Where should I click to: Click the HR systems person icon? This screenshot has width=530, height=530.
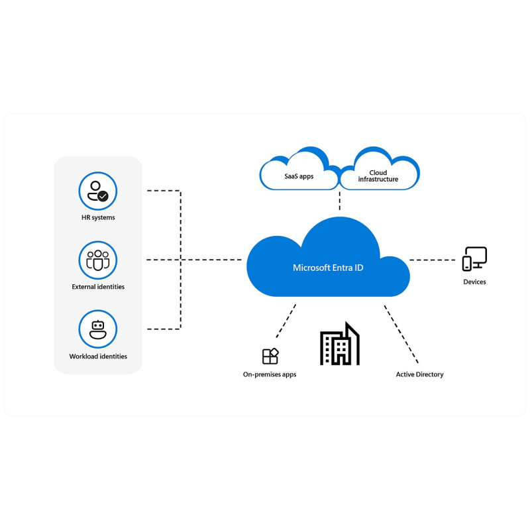[x=97, y=191]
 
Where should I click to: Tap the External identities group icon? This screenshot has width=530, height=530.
[x=97, y=260]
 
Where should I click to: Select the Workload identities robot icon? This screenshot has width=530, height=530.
[x=97, y=329]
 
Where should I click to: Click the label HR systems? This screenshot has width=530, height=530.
[x=98, y=218]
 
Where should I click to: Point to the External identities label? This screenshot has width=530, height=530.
[x=98, y=287]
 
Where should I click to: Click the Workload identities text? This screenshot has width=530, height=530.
[x=98, y=356]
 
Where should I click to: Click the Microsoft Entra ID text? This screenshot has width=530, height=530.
[x=328, y=268]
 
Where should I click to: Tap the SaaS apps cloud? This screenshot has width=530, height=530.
[x=299, y=171]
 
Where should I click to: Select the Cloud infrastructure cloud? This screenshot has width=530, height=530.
[x=379, y=171]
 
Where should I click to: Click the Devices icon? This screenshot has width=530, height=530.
[x=474, y=259]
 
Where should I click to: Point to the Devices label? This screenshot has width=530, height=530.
[x=474, y=282]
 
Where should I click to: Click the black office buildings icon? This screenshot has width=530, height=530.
[x=340, y=344]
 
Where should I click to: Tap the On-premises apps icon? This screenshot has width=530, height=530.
[x=270, y=356]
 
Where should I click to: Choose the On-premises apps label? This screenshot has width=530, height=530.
[x=270, y=374]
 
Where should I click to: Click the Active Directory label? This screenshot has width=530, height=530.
[x=419, y=374]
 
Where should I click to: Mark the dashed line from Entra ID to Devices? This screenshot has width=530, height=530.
[x=433, y=260]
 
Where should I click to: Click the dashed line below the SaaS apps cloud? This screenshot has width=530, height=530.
[x=340, y=200]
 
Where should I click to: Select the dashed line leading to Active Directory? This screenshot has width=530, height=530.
[x=401, y=335]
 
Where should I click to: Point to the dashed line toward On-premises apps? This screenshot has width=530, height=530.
[x=286, y=321]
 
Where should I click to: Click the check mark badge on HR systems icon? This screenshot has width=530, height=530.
[x=103, y=196]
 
